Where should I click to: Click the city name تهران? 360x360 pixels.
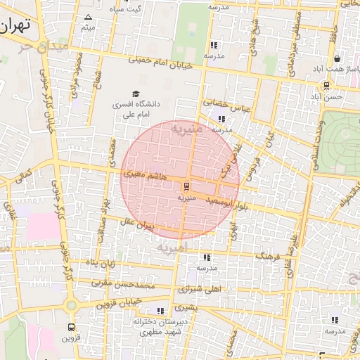[15, 26]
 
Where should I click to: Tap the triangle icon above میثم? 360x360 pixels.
[88, 17]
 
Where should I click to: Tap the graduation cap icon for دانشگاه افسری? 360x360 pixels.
[136, 94]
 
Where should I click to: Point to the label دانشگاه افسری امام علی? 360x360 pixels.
[136, 108]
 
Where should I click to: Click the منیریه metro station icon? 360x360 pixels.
[186, 186]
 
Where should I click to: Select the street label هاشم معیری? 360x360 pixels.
[144, 173]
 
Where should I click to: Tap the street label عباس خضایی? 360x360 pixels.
[227, 105]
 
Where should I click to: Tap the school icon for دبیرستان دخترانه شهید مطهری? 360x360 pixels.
[160, 310]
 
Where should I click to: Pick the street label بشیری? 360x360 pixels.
[186, 307]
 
